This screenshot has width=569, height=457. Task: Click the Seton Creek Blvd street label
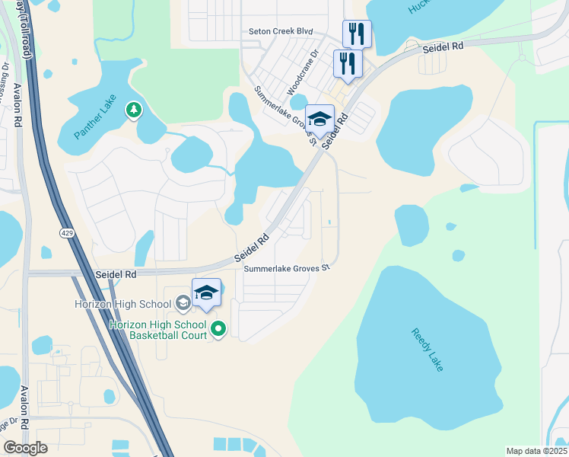point(281,32)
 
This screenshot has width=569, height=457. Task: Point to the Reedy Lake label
point(426,350)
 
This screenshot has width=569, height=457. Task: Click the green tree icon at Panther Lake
point(134,110)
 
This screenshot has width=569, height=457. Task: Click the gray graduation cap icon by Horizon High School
point(183,304)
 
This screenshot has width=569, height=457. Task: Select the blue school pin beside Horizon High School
point(207,292)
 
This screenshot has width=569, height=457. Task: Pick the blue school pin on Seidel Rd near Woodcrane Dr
point(319,119)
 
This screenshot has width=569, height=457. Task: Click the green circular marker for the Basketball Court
point(218,329)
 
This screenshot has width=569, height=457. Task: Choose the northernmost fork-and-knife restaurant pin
point(357,34)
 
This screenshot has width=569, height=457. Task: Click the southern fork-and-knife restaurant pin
point(347,63)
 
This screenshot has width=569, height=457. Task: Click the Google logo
point(26,448)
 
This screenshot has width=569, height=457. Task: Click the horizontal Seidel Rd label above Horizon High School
point(115,273)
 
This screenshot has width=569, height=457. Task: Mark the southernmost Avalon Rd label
point(24,407)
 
